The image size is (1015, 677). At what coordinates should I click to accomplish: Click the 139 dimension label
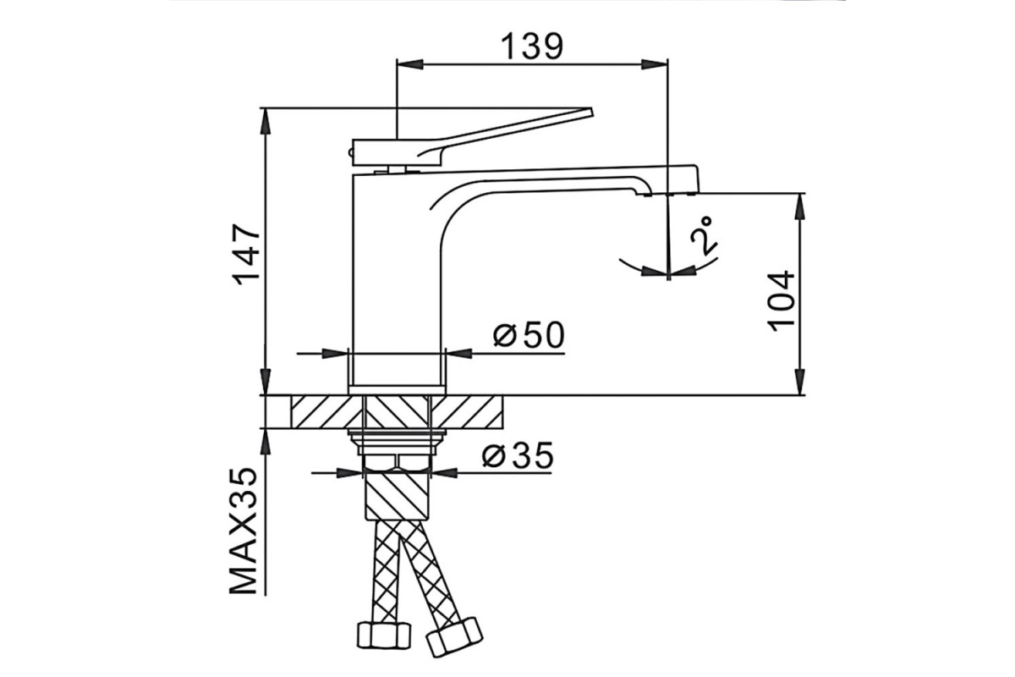(x=532, y=46)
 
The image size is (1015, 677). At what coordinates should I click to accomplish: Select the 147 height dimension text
(x=247, y=255)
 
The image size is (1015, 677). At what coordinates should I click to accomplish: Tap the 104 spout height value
(x=781, y=301)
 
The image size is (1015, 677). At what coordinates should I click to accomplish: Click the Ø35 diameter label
(x=518, y=454)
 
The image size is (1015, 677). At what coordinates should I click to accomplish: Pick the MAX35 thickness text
(x=244, y=530)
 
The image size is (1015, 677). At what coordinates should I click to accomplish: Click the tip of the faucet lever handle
(x=591, y=111)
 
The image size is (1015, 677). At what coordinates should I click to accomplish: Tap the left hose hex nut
(x=384, y=635)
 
